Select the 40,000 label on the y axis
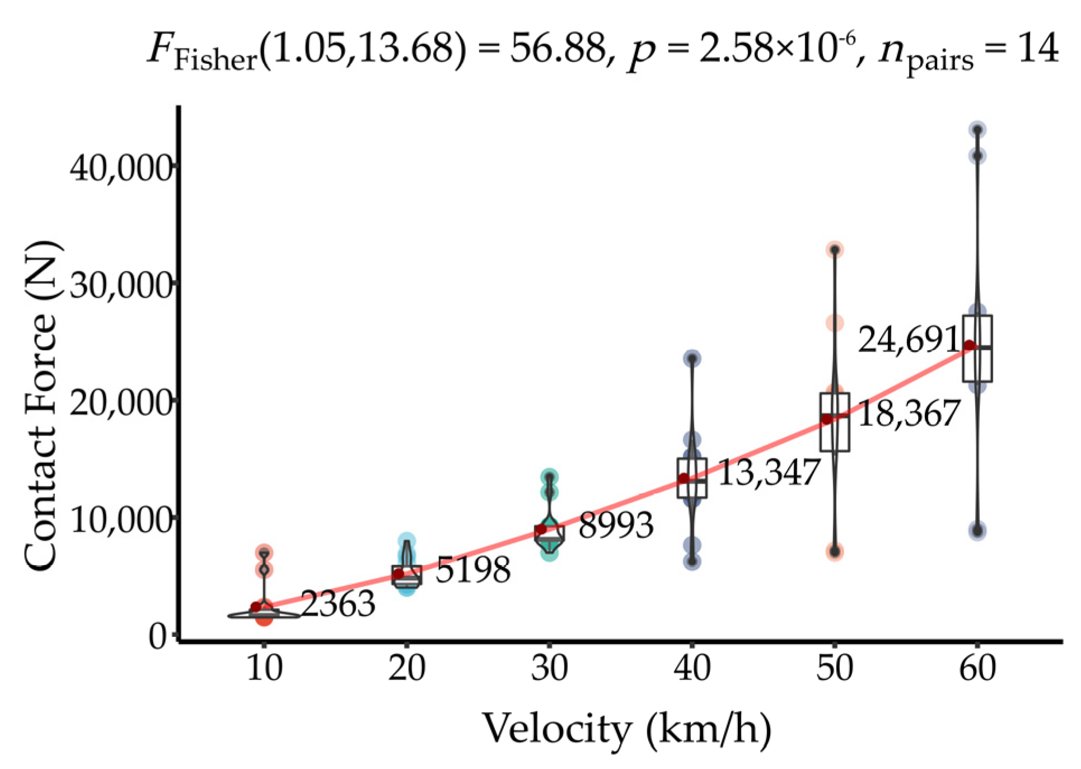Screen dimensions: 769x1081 121,167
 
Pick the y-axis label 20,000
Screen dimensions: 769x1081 121,402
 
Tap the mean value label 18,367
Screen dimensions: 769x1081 909,414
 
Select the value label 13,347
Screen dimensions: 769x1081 769,472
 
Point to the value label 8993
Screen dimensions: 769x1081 616,526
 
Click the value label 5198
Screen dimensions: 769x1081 473,570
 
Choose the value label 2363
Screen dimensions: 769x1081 338,604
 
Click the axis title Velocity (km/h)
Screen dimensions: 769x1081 626,729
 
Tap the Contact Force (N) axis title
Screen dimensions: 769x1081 41,406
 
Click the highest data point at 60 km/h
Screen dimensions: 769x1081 977,130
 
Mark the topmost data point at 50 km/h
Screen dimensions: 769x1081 835,250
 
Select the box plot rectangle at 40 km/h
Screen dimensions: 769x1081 692,477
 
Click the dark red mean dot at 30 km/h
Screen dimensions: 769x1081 541,529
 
